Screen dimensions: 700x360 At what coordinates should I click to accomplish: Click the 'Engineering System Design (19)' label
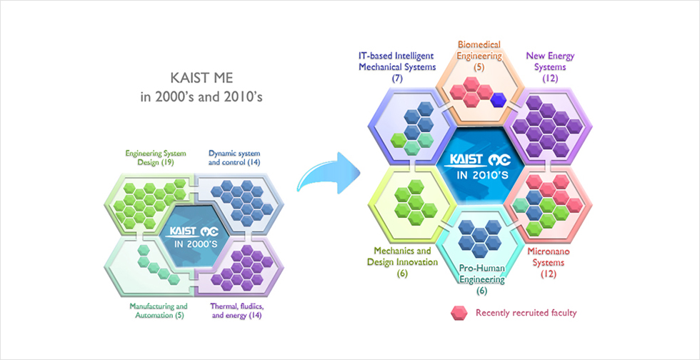149,158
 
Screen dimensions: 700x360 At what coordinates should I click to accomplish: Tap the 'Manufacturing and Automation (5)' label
159,311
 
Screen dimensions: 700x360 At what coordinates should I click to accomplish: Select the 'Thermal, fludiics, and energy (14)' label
235,311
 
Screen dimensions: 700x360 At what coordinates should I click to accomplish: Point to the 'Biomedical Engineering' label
479,49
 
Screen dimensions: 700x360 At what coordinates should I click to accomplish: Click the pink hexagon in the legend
459,313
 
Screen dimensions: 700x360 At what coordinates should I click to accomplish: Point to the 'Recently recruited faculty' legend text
526,313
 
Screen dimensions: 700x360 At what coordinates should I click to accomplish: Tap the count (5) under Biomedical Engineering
480,67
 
